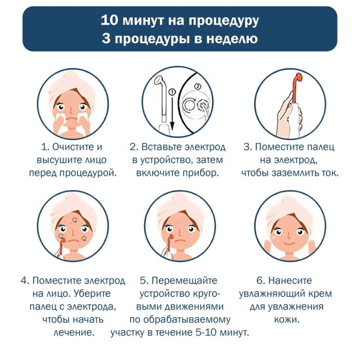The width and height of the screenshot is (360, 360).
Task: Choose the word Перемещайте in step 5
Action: point(185,280)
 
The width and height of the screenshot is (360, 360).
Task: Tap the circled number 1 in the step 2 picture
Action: point(171,91)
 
